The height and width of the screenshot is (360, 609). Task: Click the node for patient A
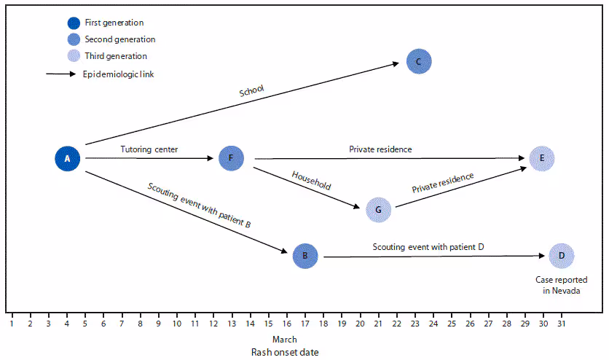pos(67,158)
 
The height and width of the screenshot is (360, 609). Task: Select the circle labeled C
pos(419,62)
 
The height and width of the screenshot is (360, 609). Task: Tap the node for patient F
pos(231,157)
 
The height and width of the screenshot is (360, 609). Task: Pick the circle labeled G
pos(378,210)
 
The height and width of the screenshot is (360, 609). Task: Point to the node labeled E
pos(542,158)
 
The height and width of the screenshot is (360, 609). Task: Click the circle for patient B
pos(305,256)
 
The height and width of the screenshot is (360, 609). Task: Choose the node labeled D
pos(562,256)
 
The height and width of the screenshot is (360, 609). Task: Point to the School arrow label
pos(251,92)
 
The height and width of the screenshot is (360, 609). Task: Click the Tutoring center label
pos(149,149)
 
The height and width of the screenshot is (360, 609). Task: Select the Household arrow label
pos(311,181)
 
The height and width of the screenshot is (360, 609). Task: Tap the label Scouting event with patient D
pos(428,247)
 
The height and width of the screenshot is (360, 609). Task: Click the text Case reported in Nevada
pos(562,284)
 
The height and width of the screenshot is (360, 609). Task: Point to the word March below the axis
pos(285,339)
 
